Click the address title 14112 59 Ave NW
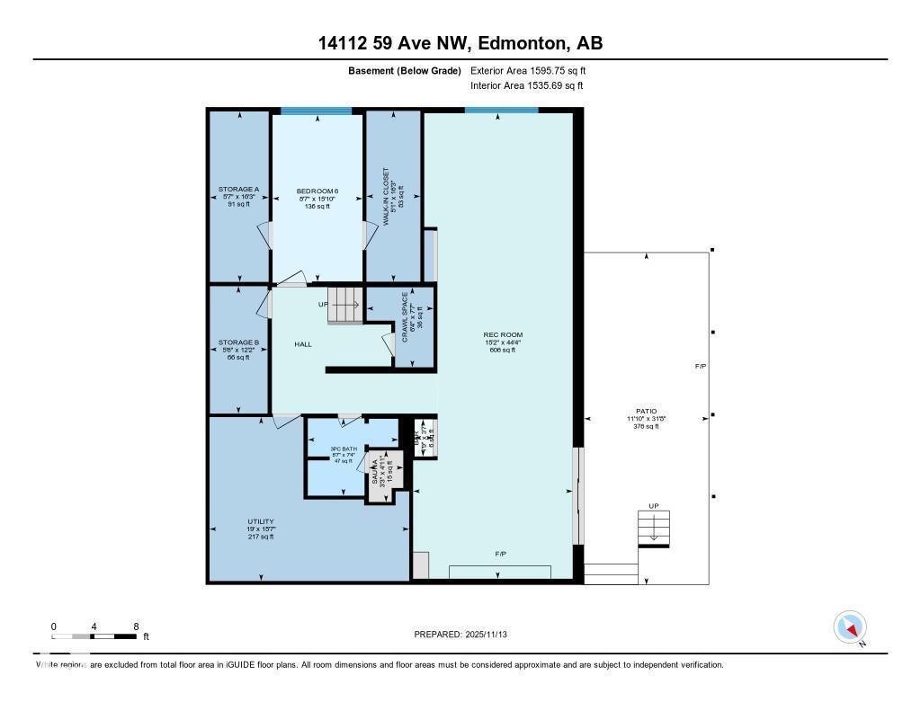(460, 42)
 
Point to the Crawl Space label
(409, 316)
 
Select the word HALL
(303, 344)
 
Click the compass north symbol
(850, 627)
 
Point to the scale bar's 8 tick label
(135, 626)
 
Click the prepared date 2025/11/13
(467, 635)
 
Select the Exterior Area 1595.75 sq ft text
(528, 70)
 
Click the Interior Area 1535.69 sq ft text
(526, 85)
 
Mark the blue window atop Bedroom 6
(316, 111)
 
